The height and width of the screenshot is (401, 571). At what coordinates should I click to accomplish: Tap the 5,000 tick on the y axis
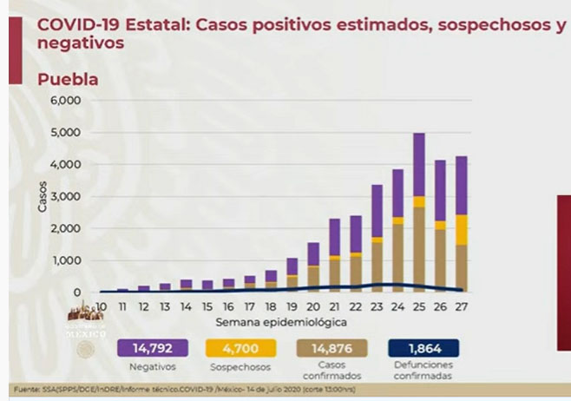(x=66, y=132)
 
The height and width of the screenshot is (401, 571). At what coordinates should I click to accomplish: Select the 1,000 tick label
(x=66, y=260)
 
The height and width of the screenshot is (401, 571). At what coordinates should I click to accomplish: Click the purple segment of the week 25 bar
(x=418, y=164)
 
